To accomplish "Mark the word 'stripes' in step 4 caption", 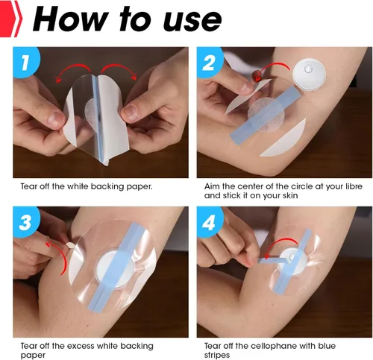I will pyautogui.click(x=219, y=356).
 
